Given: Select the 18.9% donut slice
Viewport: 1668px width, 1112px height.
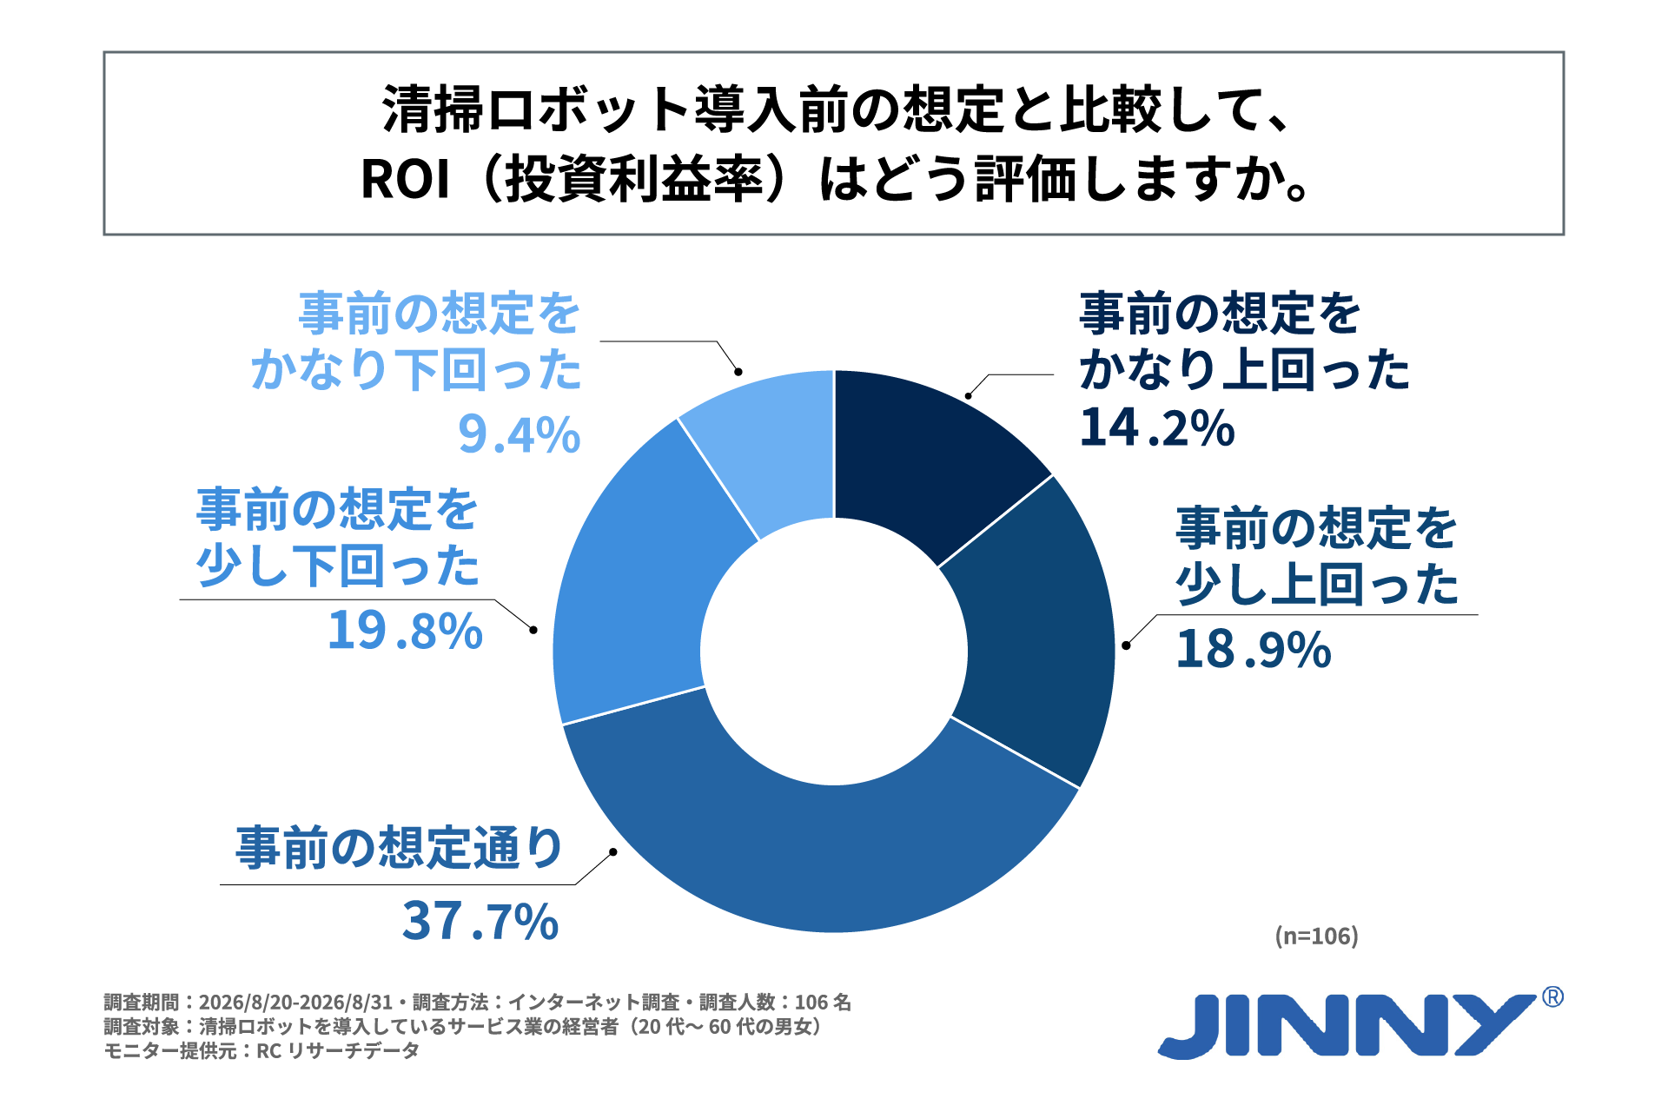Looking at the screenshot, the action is [1038, 634].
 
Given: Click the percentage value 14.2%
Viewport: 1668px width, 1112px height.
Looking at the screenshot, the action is [1157, 427].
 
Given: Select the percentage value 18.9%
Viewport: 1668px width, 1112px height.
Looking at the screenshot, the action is [1254, 649].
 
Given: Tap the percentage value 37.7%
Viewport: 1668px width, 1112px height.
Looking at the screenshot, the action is [480, 921].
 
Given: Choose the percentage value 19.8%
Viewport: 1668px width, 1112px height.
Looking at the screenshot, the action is [405, 630].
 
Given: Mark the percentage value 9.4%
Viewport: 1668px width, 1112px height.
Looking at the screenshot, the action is [520, 434].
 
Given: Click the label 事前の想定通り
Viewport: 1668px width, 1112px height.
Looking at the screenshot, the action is [400, 848].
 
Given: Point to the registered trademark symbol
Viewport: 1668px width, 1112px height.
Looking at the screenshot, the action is [1552, 996].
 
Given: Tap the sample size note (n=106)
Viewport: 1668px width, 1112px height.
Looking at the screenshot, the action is [1316, 936].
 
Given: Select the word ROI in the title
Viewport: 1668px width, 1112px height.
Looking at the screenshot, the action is [406, 180].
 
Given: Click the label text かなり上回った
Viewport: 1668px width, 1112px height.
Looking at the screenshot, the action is [1245, 370].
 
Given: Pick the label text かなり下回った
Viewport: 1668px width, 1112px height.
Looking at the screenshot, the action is [416, 370].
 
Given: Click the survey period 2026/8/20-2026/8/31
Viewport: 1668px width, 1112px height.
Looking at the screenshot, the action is [295, 1003].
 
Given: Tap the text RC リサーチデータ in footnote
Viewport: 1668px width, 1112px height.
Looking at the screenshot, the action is [338, 1050].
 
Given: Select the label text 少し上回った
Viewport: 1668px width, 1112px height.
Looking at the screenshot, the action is [1318, 585].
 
